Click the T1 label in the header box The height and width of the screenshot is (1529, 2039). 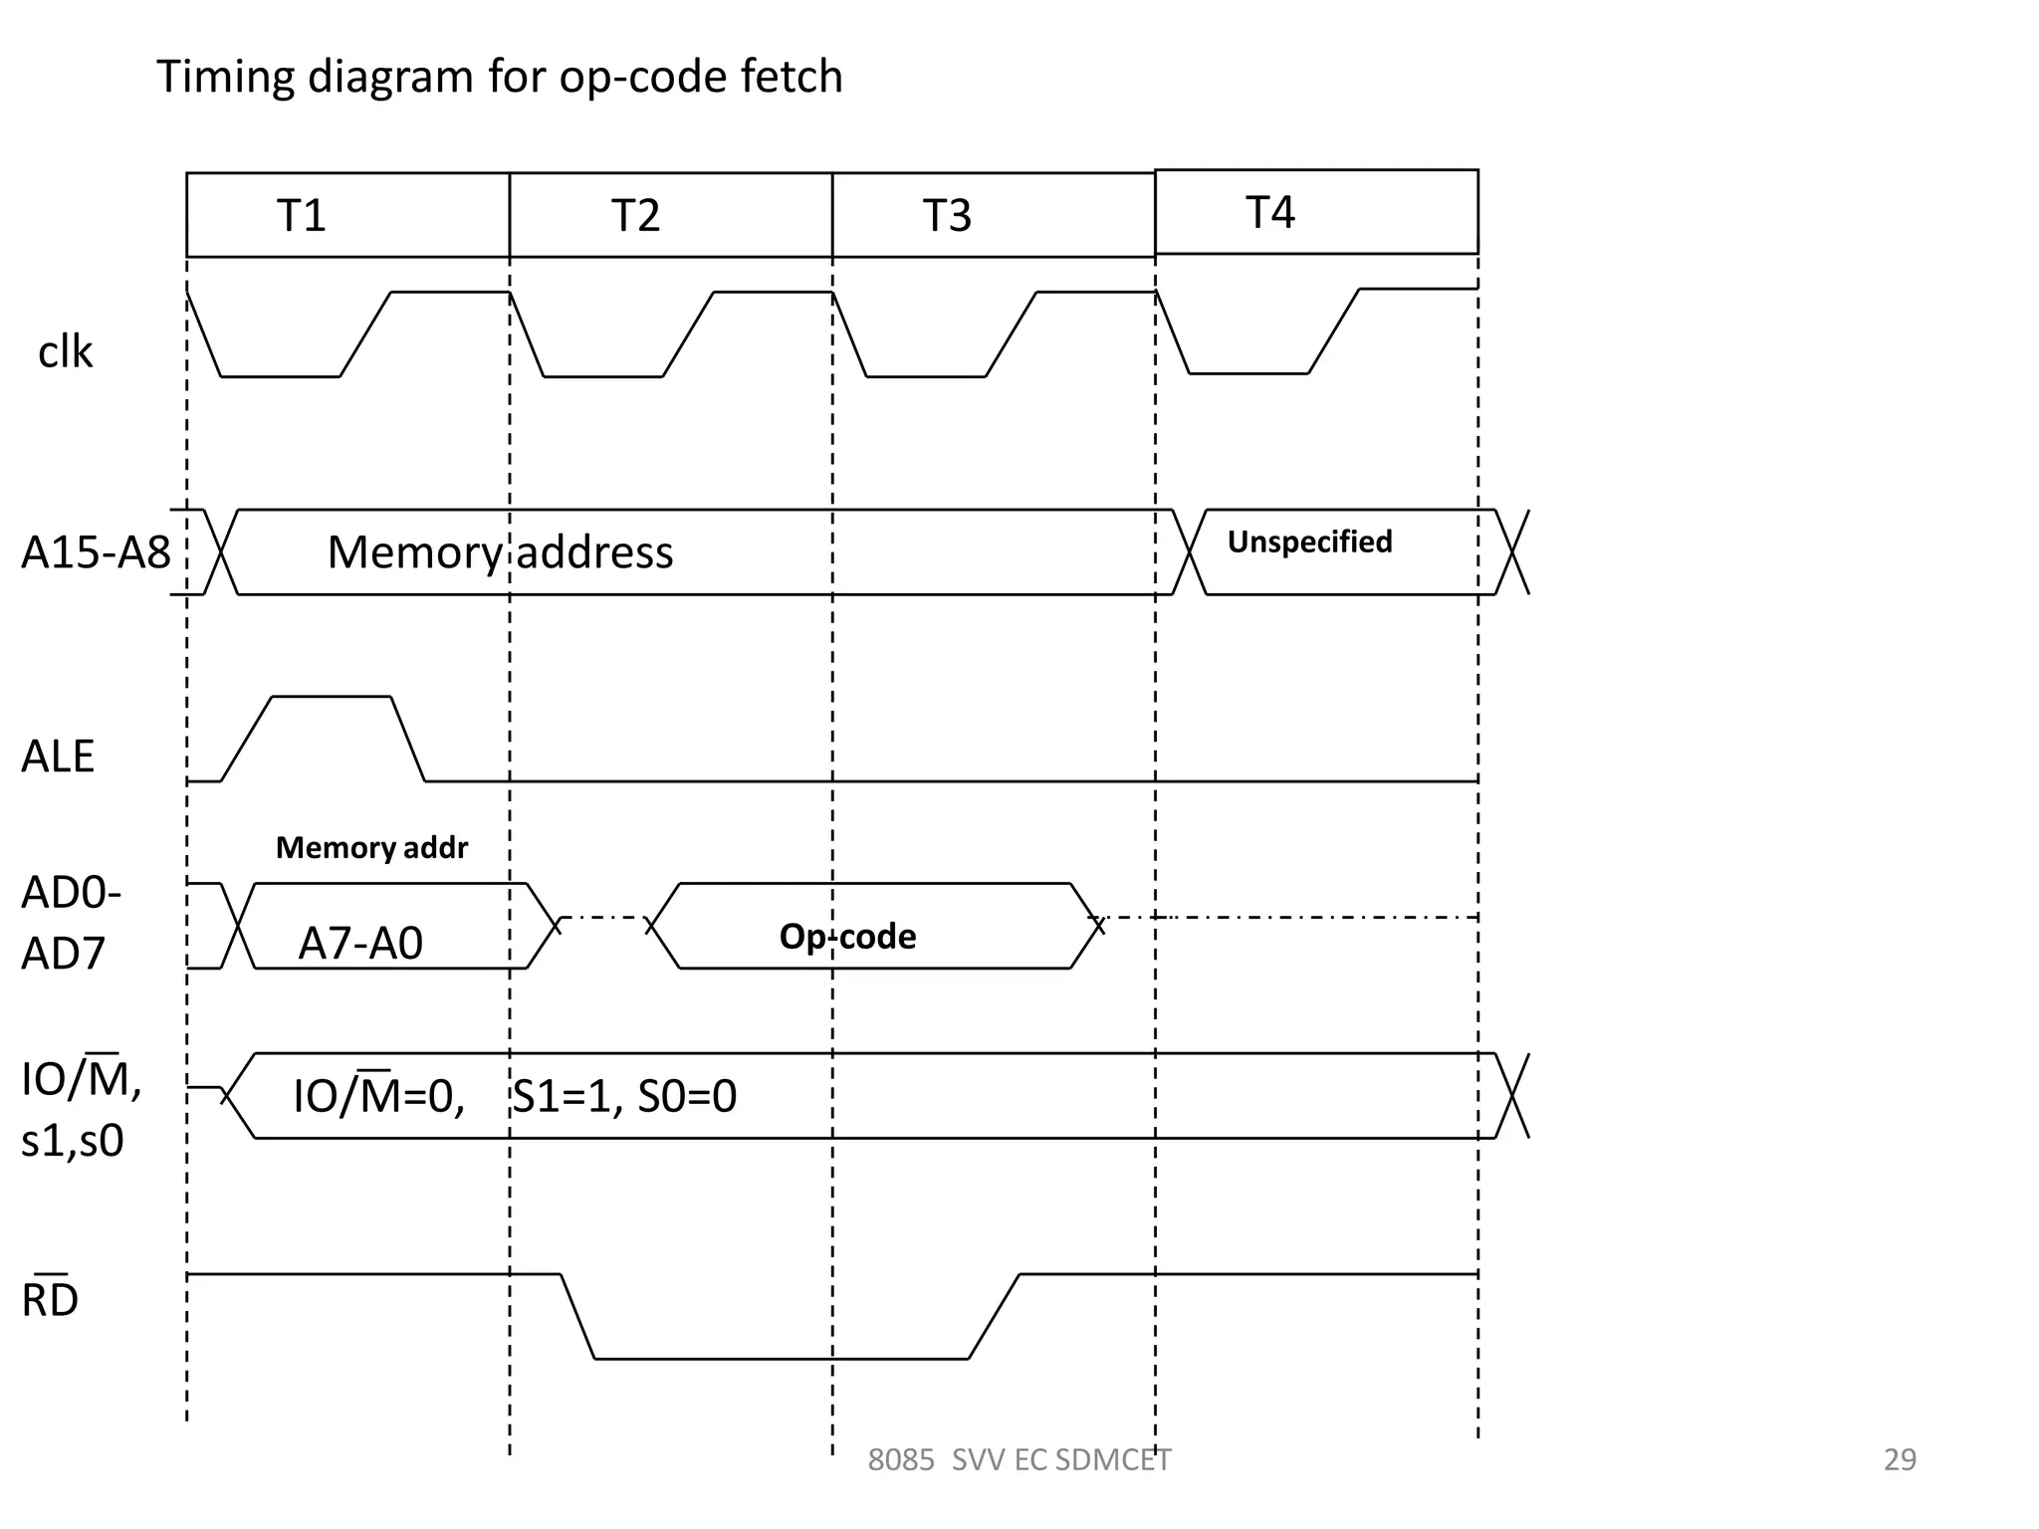pos(301,216)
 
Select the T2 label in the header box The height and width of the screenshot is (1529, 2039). pos(635,216)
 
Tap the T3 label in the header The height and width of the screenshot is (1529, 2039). pos(946,216)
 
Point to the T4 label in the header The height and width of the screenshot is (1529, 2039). pos(1269,213)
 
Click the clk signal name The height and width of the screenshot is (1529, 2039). pos(65,352)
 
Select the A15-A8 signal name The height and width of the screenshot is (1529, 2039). pos(96,552)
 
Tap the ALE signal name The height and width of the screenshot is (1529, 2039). pos(58,757)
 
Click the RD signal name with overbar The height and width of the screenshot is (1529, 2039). pos(50,1298)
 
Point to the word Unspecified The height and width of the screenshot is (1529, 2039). pos(1309,542)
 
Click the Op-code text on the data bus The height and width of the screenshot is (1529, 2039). pos(847,936)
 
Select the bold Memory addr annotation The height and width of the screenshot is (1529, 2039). pos(371,847)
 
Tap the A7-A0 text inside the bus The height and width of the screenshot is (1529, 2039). pos(360,943)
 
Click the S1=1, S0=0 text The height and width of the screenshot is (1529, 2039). pos(624,1096)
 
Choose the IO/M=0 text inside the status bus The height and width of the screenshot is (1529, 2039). pos(378,1095)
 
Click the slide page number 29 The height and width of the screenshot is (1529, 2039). pos(1900,1459)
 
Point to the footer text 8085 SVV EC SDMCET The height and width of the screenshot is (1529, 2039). pos(1019,1459)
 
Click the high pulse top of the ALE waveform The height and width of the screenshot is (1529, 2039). pos(331,697)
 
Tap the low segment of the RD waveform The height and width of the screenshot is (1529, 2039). pos(781,1358)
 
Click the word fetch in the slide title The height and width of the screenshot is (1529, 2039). pos(791,77)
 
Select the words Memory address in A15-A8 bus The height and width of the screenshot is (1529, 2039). pos(500,552)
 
